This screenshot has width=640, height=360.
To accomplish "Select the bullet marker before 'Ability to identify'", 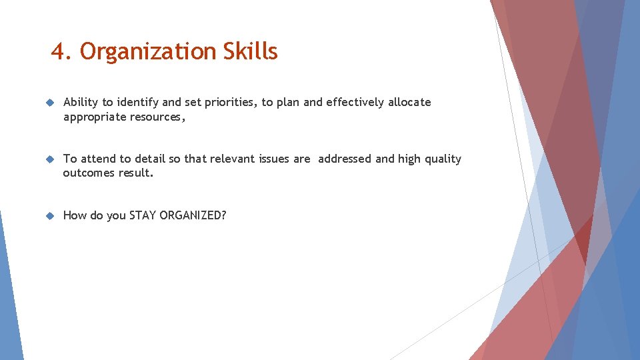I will click(49, 103).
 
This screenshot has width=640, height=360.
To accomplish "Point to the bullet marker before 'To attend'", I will click(49, 159).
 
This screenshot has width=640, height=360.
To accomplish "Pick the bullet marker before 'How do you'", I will click(49, 216).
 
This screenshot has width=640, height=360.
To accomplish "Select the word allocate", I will click(409, 103).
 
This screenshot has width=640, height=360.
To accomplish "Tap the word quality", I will click(443, 159).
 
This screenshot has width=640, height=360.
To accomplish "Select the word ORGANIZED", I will click(193, 215).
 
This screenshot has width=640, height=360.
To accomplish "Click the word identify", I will click(138, 103).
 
